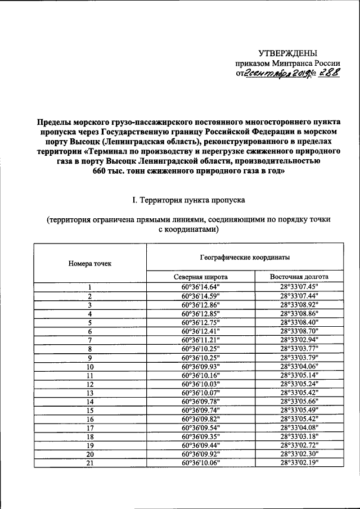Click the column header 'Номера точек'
tap(90, 263)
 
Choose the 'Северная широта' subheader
tap(200, 277)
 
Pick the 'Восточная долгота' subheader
tap(299, 277)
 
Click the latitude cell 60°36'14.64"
tap(200, 287)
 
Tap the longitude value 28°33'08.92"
tap(299, 304)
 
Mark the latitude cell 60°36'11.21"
tap(200, 340)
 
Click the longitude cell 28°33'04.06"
tap(299, 366)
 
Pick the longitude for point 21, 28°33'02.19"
tap(299, 463)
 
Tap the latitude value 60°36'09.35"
tap(200, 436)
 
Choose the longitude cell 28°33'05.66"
tap(299, 401)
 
